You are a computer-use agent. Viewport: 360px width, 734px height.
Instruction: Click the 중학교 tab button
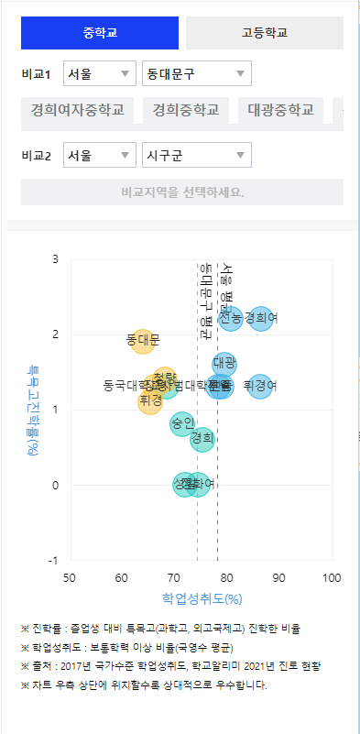[100, 33]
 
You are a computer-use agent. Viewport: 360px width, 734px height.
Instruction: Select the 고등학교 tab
[264, 33]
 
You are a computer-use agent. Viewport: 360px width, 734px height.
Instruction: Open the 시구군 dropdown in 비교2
[196, 155]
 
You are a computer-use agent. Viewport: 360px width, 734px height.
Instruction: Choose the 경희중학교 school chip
[186, 111]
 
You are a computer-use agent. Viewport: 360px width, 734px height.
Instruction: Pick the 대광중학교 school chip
[280, 111]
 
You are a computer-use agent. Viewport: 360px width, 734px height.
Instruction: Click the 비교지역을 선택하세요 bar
[181, 192]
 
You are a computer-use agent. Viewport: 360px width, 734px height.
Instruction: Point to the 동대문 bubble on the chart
[143, 341]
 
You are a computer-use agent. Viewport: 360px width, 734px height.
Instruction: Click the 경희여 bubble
[262, 318]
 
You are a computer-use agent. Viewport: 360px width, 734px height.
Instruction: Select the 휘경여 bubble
[261, 386]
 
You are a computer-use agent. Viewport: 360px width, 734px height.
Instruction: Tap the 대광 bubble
[224, 364]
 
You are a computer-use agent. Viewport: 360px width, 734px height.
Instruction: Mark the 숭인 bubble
[182, 423]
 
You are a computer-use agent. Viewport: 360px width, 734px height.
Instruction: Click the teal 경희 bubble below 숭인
[202, 439]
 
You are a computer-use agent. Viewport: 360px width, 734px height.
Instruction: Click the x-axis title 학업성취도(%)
[201, 598]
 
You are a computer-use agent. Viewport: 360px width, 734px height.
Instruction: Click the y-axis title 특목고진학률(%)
[33, 409]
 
